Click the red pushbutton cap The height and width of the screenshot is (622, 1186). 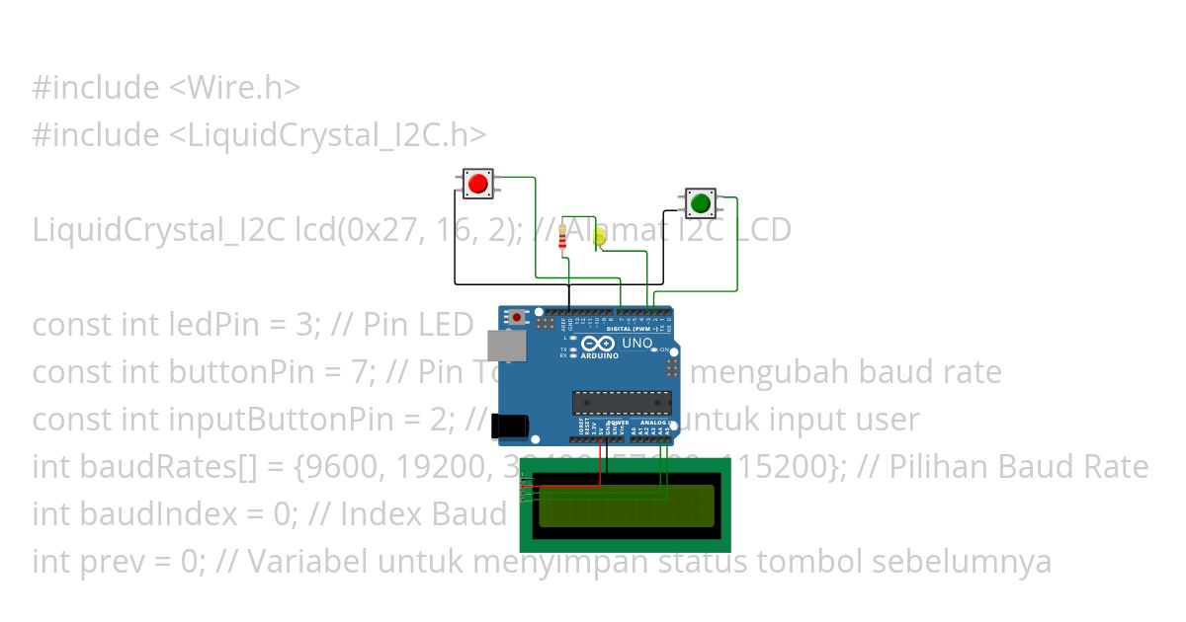click(478, 184)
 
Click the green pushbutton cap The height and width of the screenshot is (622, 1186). click(701, 204)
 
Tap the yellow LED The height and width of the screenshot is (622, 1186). click(600, 237)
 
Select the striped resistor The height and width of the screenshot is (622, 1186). click(563, 237)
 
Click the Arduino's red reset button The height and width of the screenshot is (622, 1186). click(517, 317)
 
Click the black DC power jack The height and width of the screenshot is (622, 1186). click(510, 424)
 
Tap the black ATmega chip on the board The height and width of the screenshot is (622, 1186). click(622, 402)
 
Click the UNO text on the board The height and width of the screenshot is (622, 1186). click(636, 344)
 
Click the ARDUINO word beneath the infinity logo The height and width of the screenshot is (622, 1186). click(599, 355)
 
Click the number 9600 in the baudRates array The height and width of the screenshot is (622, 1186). click(339, 467)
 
